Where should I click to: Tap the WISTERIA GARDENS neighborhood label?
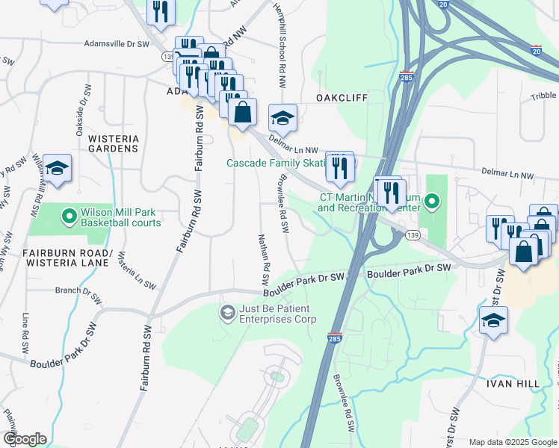(114, 143)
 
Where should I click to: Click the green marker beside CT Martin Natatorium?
(431, 202)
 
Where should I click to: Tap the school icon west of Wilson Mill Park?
(57, 169)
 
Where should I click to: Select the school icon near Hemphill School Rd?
(282, 119)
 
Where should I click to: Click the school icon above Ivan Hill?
(493, 322)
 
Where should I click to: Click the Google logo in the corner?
(25, 439)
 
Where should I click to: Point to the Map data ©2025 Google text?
(512, 442)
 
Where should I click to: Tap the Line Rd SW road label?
(25, 333)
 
